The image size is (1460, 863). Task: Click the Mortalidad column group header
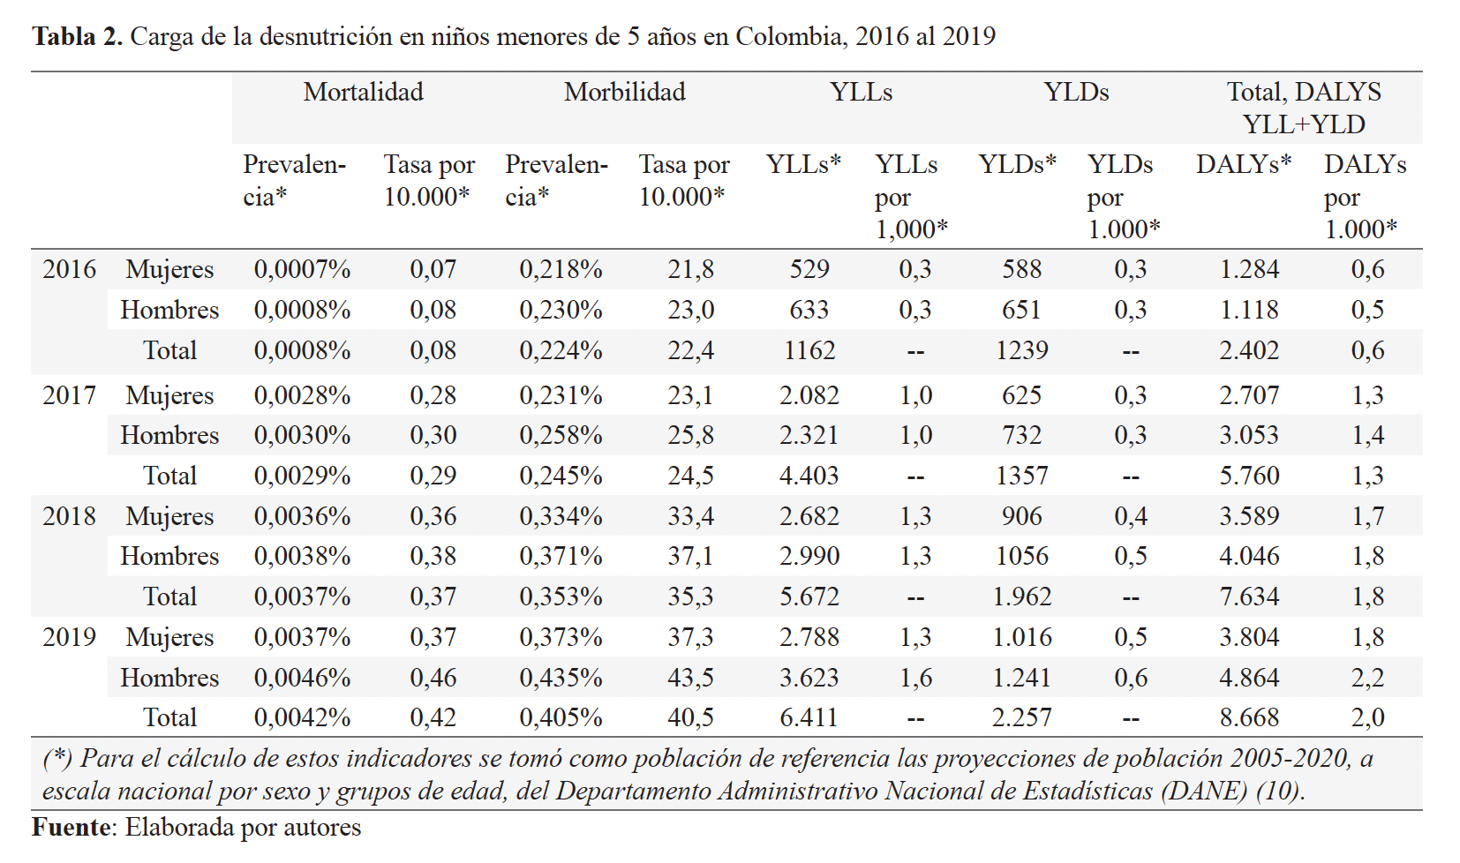click(x=363, y=92)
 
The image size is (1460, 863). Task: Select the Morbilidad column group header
click(x=624, y=92)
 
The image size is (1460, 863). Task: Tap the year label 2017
click(x=69, y=395)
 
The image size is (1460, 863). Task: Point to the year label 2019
click(x=69, y=637)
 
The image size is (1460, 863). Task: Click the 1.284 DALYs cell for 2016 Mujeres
click(x=1249, y=269)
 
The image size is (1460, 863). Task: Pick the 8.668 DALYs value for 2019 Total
click(x=1249, y=717)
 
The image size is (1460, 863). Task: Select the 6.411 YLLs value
click(x=809, y=717)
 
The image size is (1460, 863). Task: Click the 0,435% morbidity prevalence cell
click(x=561, y=677)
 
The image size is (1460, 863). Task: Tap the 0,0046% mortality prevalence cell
click(x=303, y=677)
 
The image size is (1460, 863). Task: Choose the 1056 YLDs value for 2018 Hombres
click(x=1022, y=556)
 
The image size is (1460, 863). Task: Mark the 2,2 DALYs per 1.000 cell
click(x=1367, y=677)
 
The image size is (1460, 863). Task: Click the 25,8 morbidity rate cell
click(x=690, y=435)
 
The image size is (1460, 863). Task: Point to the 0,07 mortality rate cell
click(x=433, y=269)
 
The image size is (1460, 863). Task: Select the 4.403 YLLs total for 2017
click(x=809, y=475)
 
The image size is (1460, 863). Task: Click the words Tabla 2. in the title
click(x=78, y=36)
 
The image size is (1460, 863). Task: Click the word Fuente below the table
click(x=71, y=827)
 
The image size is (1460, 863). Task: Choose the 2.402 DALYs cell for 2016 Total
click(x=1249, y=350)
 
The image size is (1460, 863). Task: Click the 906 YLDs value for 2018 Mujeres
click(x=1022, y=516)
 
